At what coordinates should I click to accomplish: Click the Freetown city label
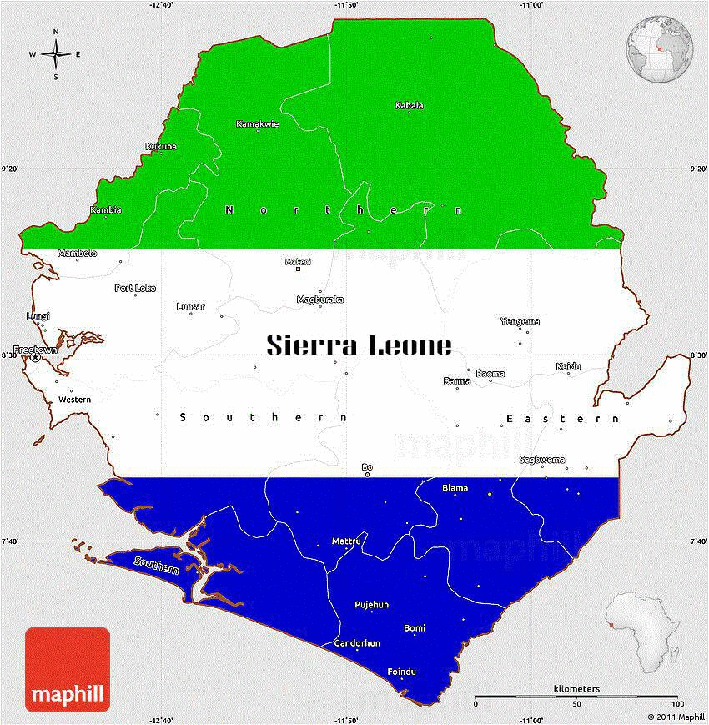coord(35,350)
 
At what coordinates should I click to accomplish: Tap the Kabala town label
coord(409,105)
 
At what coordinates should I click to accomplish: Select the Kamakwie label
coord(258,124)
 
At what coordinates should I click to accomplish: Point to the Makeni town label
coord(298,261)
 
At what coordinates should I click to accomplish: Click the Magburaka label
coord(320,300)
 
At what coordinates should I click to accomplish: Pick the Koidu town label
coord(568,366)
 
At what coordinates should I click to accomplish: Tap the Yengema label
coord(520,321)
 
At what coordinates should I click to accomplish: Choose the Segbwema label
coord(541,460)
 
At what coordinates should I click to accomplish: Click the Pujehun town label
coord(372,605)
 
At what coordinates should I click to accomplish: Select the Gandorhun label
coord(357,643)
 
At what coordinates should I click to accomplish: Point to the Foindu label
coord(402,672)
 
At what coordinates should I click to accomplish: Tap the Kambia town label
coord(106,209)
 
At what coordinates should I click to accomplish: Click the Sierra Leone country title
coord(360,345)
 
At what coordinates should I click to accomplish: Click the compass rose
coord(56,55)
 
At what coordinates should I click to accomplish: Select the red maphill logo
coord(68,669)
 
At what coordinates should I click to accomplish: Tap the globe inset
coord(658,52)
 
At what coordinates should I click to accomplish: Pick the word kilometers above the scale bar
coord(576,688)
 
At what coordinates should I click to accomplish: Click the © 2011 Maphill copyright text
coord(676,717)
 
